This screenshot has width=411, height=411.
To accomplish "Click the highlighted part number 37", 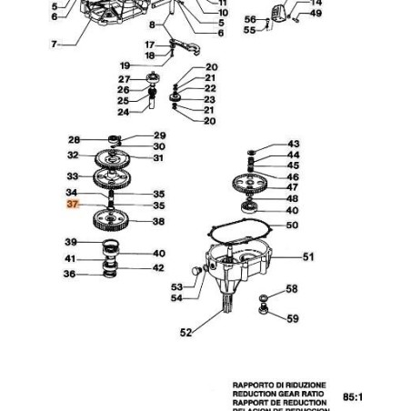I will pos(74,206).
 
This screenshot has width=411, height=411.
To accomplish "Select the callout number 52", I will pos(185,333).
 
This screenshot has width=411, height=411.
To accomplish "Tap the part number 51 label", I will pos(307,257).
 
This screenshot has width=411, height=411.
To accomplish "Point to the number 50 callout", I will pos(292,225).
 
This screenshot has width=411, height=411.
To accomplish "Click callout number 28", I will pos(75,140).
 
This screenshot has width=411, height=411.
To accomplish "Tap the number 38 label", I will pos(158,222).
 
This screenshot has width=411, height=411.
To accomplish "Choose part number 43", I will pos(293,145).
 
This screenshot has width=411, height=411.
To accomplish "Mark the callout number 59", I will pos(292,319).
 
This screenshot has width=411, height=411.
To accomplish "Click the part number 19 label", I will pos(125,65).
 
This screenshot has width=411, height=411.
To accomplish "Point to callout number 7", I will pos(54,44).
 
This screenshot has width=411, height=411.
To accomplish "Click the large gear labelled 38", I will pos(113,221).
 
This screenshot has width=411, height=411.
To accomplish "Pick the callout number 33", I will pos(74,175).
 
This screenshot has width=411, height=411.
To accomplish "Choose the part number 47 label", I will pos(293,187).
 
